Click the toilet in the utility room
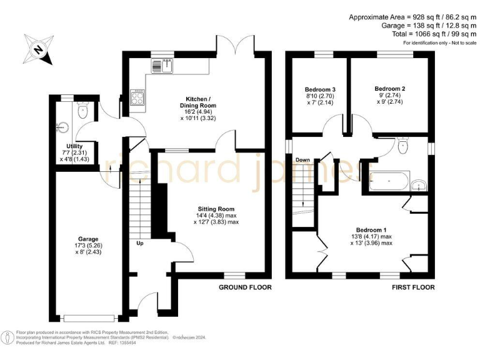click(x=83, y=111)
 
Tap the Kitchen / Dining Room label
click(x=197, y=103)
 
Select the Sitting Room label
click(x=216, y=209)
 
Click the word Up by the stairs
click(x=140, y=243)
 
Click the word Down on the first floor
click(x=303, y=160)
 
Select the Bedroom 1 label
click(x=374, y=229)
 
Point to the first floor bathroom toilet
click(x=403, y=147)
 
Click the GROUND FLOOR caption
click(x=245, y=287)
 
